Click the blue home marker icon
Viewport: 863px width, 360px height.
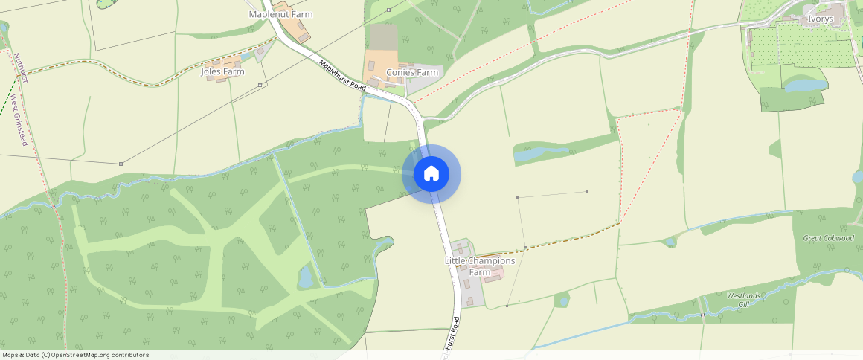[431, 174]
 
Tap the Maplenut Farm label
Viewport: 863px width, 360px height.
[280, 14]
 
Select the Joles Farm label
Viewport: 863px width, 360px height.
[222, 71]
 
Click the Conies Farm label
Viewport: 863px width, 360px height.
[411, 72]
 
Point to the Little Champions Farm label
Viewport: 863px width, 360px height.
[480, 266]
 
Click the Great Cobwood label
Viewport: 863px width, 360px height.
[828, 238]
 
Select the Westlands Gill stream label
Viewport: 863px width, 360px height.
[744, 300]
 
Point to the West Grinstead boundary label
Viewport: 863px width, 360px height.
[19, 120]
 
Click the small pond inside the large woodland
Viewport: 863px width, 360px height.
[305, 277]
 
